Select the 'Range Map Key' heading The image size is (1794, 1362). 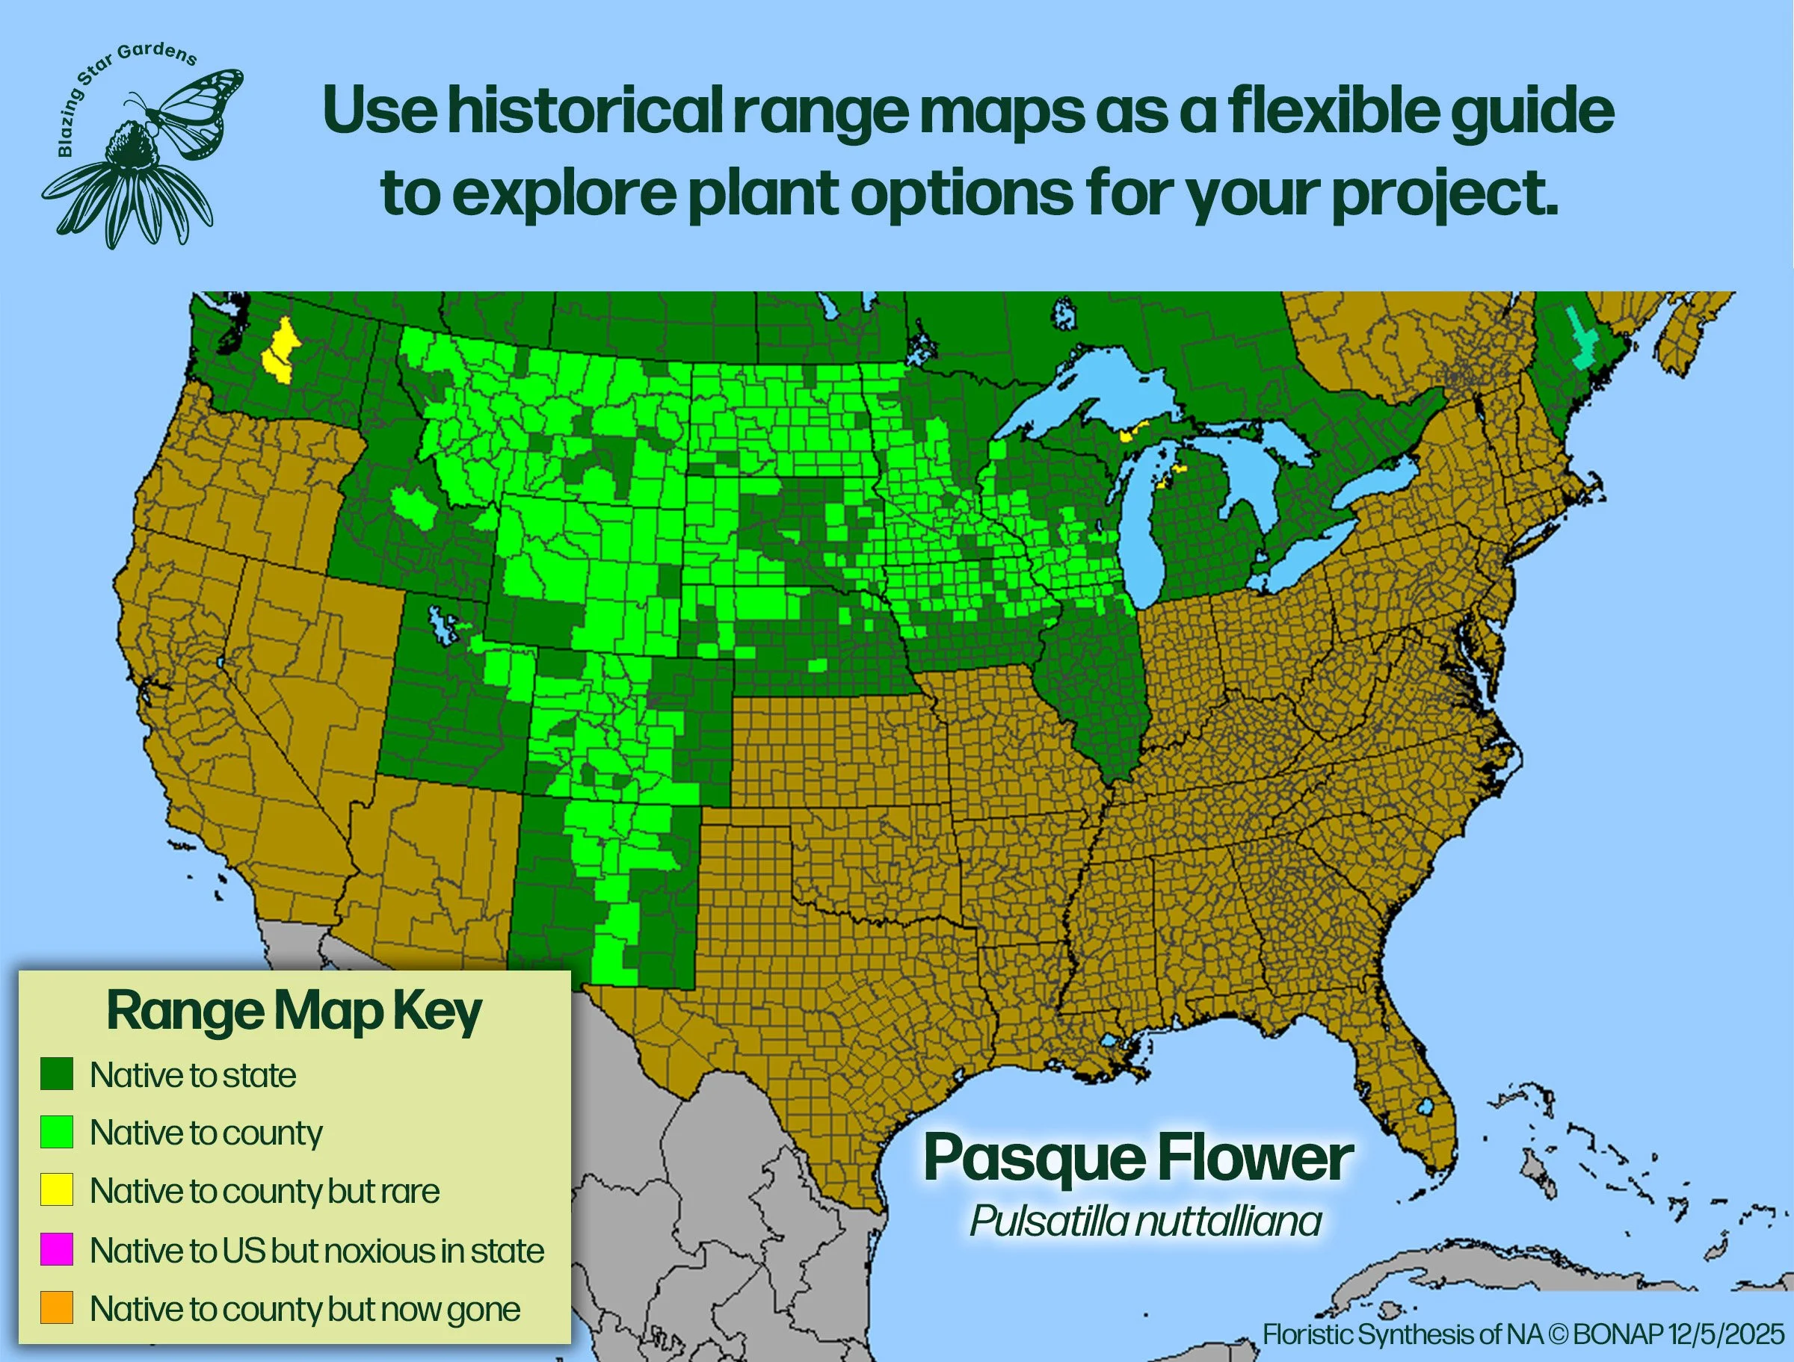[x=294, y=1011]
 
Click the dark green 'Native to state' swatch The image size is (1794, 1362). [x=57, y=1074]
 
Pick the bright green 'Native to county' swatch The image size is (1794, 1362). [x=57, y=1132]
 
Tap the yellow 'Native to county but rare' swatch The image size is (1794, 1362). [x=57, y=1190]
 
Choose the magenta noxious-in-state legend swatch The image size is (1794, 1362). [x=57, y=1249]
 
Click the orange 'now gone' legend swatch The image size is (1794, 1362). [x=57, y=1307]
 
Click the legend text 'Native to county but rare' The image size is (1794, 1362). [x=265, y=1191]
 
